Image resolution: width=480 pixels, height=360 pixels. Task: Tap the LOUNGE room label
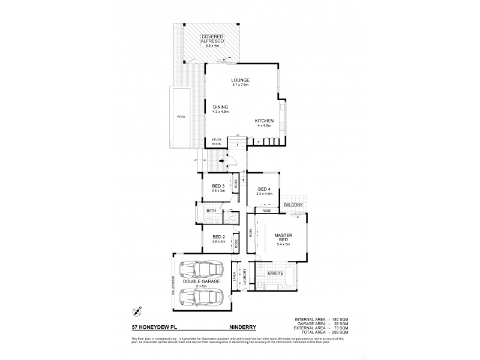241,80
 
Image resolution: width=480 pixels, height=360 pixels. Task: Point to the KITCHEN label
264,121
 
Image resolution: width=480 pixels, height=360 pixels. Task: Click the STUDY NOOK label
216,142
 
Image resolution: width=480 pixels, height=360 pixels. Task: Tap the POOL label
179,117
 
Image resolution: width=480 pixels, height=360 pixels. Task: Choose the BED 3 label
218,186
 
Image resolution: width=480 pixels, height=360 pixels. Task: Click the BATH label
211,211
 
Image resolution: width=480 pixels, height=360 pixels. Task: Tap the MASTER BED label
283,238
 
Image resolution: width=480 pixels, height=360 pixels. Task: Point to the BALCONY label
294,205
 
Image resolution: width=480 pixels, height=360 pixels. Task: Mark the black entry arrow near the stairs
221,161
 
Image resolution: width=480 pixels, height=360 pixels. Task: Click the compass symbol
137,311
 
